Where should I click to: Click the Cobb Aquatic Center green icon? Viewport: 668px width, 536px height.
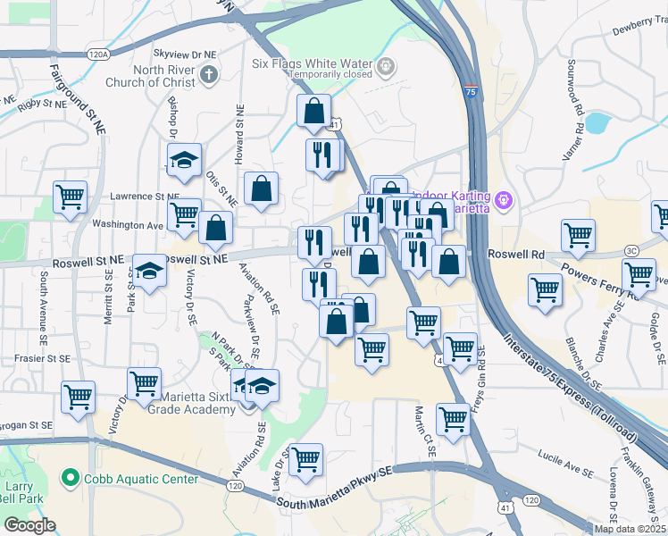click(x=71, y=479)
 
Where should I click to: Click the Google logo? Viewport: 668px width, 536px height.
click(x=29, y=525)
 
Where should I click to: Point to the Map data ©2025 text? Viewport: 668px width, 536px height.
click(x=630, y=529)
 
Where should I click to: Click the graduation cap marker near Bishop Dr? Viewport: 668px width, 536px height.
click(x=184, y=161)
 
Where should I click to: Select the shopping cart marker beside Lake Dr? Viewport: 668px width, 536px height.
click(x=306, y=458)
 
